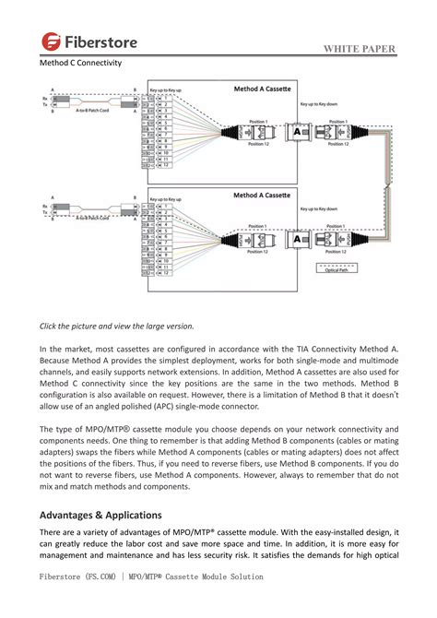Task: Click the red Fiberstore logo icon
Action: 50,41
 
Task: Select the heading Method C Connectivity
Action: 80,64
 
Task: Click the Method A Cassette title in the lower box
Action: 258,196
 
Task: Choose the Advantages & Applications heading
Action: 100,515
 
